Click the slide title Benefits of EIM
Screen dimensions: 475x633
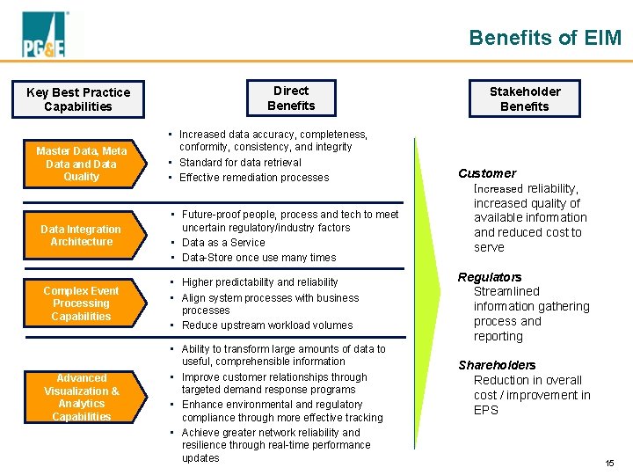tap(544, 38)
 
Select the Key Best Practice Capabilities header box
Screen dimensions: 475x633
tap(78, 99)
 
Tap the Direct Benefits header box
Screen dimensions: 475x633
tap(291, 99)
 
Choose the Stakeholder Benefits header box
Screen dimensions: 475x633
tap(524, 99)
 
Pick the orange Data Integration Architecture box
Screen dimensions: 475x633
tap(82, 236)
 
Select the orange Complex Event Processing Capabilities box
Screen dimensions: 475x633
tap(82, 303)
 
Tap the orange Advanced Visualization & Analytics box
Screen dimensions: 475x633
tap(82, 397)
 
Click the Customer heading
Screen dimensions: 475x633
tap(487, 173)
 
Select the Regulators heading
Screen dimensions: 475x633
tap(490, 277)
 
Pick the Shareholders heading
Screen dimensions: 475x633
tap(497, 365)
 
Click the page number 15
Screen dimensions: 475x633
tap(609, 464)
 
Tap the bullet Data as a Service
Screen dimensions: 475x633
tap(223, 242)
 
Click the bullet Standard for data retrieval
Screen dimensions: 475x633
tap(240, 163)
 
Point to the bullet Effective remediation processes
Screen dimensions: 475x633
tap(254, 178)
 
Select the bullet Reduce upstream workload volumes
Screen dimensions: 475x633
tap(267, 325)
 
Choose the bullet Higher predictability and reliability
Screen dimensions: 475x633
tap(259, 282)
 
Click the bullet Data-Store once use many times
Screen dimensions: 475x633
tap(258, 258)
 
